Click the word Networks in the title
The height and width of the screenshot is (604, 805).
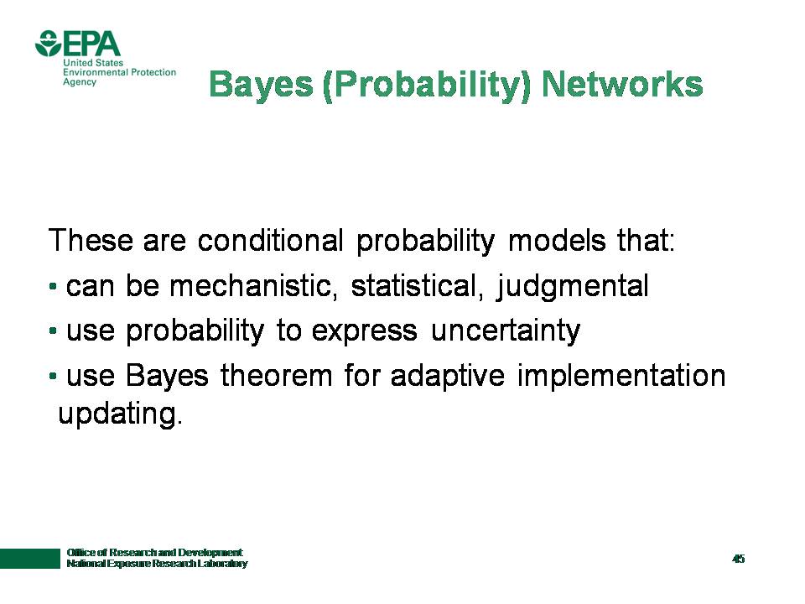pyautogui.click(x=622, y=84)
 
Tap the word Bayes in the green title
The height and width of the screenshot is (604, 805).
pyautogui.click(x=261, y=85)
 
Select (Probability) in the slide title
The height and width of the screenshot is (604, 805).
pyautogui.click(x=427, y=86)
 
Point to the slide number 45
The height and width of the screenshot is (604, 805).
pyautogui.click(x=738, y=559)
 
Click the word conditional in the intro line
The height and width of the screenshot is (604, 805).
pyautogui.click(x=271, y=240)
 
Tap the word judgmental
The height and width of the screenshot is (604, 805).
pyautogui.click(x=573, y=287)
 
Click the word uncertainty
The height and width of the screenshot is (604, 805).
pyautogui.click(x=506, y=331)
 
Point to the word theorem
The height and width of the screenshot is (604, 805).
pyautogui.click(x=277, y=375)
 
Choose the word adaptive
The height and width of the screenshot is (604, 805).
pyautogui.click(x=448, y=377)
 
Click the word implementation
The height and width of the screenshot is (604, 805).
pyautogui.click(x=621, y=377)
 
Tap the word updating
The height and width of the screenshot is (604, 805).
pyautogui.click(x=120, y=414)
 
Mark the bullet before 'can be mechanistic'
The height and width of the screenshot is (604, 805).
pyautogui.click(x=52, y=285)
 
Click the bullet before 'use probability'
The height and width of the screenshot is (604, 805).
pyautogui.click(x=52, y=331)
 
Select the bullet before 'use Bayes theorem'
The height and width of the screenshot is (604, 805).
pyautogui.click(x=52, y=376)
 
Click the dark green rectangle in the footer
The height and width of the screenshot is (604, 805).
pyautogui.click(x=30, y=559)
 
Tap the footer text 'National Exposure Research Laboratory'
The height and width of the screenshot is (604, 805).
pyautogui.click(x=157, y=564)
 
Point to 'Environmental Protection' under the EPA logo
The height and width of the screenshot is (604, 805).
pyautogui.click(x=120, y=72)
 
